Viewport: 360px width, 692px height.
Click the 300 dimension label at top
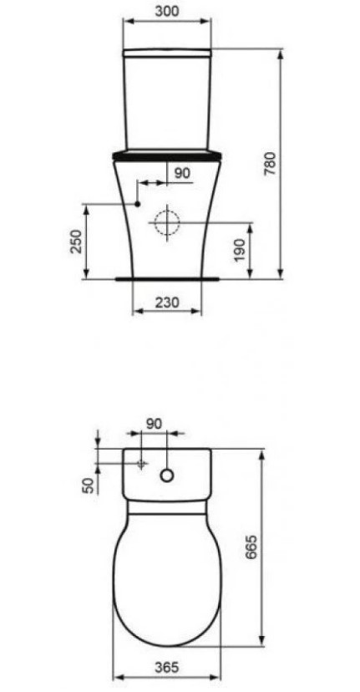167,11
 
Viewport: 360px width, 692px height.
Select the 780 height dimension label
270,164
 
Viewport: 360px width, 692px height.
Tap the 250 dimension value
77,241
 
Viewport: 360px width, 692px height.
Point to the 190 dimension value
239,250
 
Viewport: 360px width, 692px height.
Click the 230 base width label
167,303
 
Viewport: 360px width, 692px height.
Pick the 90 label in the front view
182,173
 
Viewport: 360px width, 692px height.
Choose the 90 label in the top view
154,424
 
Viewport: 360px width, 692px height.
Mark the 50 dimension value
89,486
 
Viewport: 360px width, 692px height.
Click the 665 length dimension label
251,547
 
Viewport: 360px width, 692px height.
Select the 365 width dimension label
167,667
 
